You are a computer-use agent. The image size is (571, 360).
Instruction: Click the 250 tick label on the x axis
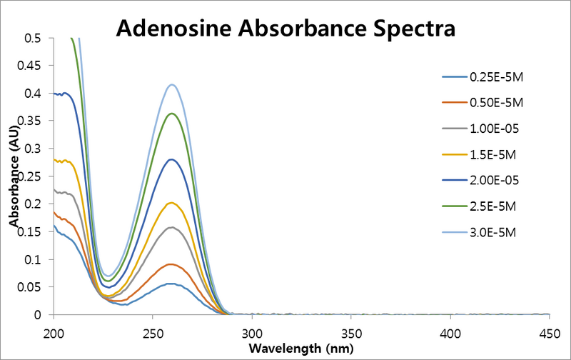click(x=153, y=333)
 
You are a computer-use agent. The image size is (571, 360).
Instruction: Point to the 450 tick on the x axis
click(x=549, y=333)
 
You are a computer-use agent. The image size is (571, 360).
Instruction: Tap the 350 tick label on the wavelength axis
click(x=350, y=333)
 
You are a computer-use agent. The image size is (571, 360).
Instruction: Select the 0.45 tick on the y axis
click(x=32, y=66)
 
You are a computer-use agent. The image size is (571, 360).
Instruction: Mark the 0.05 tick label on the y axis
click(x=32, y=287)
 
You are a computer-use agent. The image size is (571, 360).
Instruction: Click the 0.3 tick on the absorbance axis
click(x=36, y=149)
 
